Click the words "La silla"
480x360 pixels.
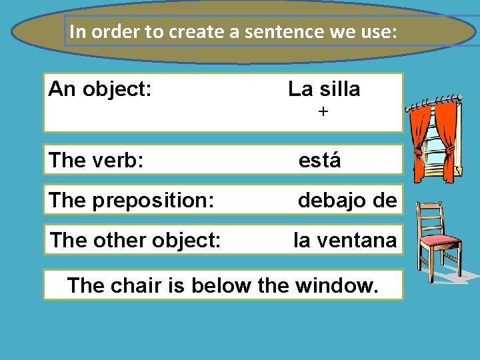(324, 89)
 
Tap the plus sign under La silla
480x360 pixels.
(323, 113)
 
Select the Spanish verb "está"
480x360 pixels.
(319, 161)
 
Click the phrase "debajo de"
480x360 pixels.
(347, 200)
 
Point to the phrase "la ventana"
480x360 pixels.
(345, 240)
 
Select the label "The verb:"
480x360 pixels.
(96, 161)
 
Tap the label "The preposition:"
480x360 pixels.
(131, 200)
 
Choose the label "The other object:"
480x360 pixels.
(135, 240)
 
